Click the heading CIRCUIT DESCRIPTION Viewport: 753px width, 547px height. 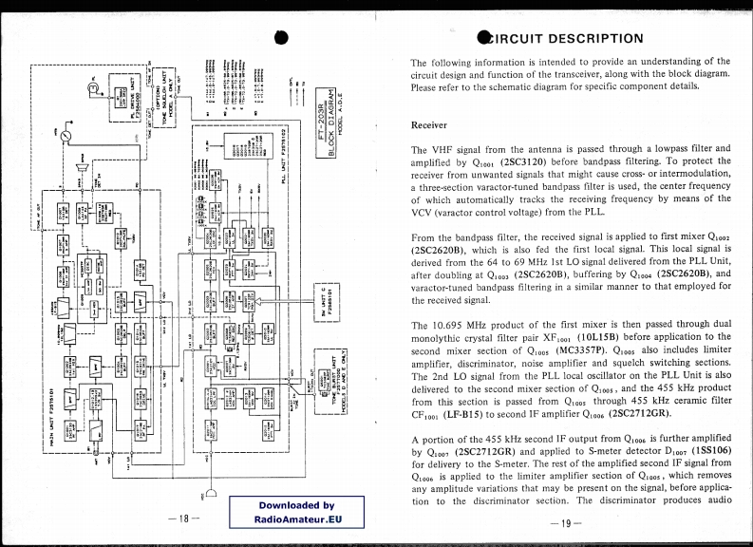coord(567,39)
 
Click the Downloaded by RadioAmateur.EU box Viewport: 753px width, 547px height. coord(295,513)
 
